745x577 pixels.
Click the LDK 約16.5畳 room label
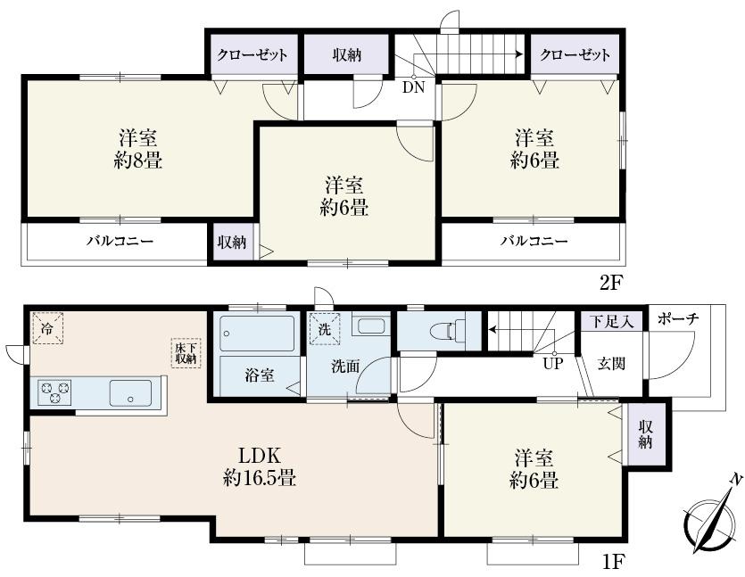pyautogui.click(x=259, y=466)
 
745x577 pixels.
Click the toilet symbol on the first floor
pyautogui.click(x=443, y=330)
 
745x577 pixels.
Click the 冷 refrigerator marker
pyautogui.click(x=47, y=327)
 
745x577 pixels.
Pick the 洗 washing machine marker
pyautogui.click(x=326, y=327)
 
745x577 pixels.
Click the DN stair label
pyautogui.click(x=413, y=87)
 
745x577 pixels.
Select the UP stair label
pyautogui.click(x=552, y=363)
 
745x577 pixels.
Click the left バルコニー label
pyautogui.click(x=120, y=241)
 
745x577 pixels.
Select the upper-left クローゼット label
pyautogui.click(x=252, y=55)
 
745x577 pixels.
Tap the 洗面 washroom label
pyautogui.click(x=346, y=366)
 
